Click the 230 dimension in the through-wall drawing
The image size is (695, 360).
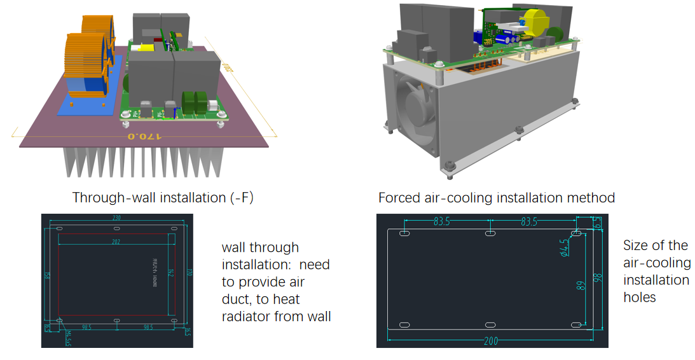pyautogui.click(x=116, y=218)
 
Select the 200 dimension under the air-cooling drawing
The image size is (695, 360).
pyautogui.click(x=490, y=341)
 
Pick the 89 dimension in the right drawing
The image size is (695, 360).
pyautogui.click(x=581, y=286)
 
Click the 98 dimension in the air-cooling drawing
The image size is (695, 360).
pyautogui.click(x=598, y=279)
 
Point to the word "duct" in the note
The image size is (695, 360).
pyautogui.click(x=237, y=299)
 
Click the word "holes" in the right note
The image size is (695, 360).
pyautogui.click(x=640, y=297)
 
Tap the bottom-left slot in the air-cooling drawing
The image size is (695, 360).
pyautogui.click(x=404, y=325)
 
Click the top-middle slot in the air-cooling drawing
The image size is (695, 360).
pyautogui.click(x=490, y=235)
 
